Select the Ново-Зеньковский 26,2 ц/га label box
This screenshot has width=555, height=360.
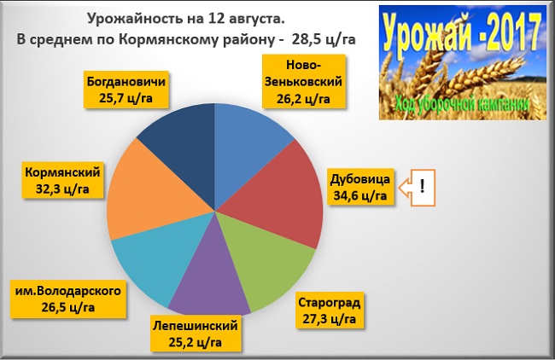(x=303, y=82)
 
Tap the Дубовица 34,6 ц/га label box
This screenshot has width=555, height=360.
(x=360, y=189)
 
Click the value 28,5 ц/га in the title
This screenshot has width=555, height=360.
(x=325, y=39)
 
